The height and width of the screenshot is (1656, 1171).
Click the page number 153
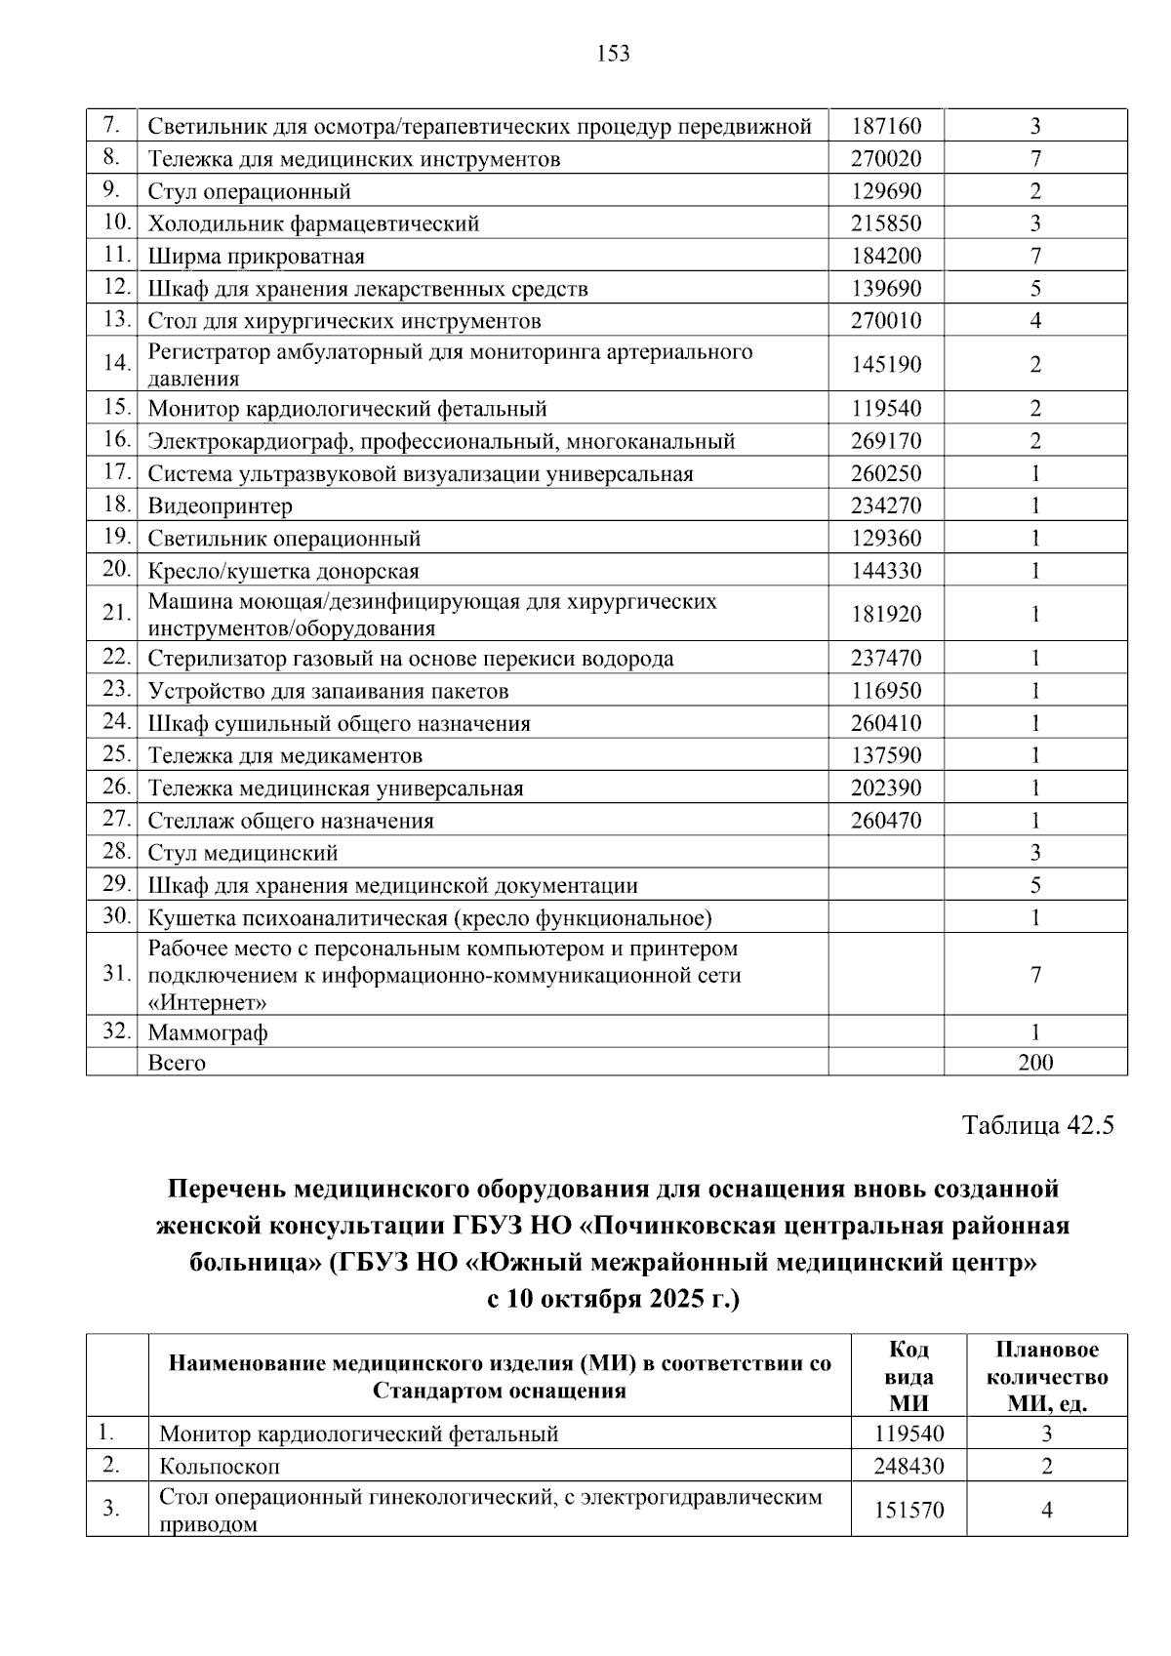(x=613, y=54)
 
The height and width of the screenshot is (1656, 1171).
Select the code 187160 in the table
(x=885, y=126)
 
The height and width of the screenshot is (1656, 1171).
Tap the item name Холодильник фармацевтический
(x=313, y=223)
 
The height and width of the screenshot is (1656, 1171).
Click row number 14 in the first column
(x=116, y=363)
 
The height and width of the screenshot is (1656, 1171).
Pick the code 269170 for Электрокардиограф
(x=885, y=441)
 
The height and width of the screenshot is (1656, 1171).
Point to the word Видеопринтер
(x=220, y=505)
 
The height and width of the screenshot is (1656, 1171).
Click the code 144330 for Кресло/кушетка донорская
(x=885, y=571)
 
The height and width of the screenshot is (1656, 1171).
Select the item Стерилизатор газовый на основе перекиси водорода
(x=410, y=659)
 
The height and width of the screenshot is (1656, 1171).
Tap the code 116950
(x=885, y=691)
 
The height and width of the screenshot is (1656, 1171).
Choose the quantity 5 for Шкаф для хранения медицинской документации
(x=1035, y=886)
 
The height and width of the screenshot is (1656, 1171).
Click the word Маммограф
(x=207, y=1032)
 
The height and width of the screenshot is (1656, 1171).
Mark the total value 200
(x=1035, y=1063)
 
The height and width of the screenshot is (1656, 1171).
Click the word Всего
(x=177, y=1063)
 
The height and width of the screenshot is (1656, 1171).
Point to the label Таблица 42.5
(x=1037, y=1125)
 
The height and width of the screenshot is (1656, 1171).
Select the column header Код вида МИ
(x=909, y=1376)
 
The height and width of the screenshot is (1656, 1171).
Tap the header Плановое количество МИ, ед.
(x=1047, y=1376)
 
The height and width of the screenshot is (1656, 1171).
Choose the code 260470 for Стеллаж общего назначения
(x=885, y=821)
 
